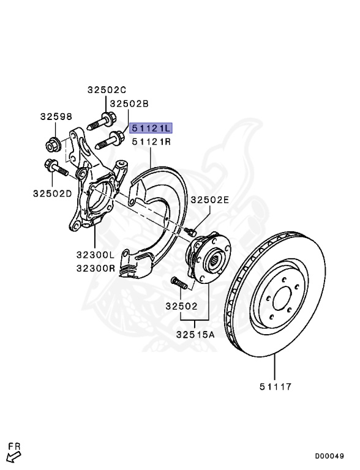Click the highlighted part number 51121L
151,128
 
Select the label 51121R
151,141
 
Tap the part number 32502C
107,89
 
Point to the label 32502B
129,103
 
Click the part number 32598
56,116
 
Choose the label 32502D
53,193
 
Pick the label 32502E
210,200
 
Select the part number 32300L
96,255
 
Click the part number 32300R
96,268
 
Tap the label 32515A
195,334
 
